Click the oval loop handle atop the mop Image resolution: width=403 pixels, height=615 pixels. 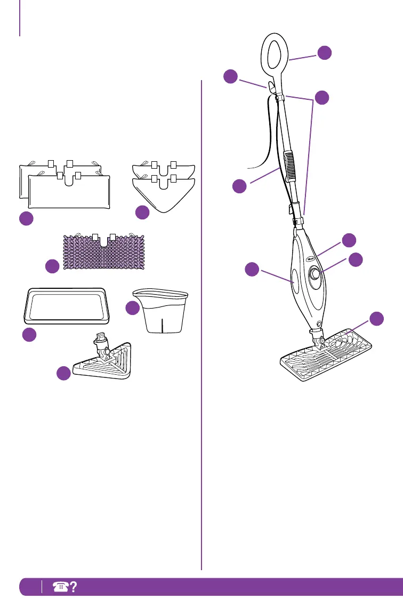click(275, 53)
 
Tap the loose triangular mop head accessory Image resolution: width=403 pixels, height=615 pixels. click(104, 358)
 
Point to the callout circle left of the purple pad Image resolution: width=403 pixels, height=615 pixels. click(52, 266)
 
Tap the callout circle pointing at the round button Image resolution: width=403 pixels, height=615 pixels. click(355, 259)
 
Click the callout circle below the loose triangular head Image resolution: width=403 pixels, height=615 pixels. click(63, 373)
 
